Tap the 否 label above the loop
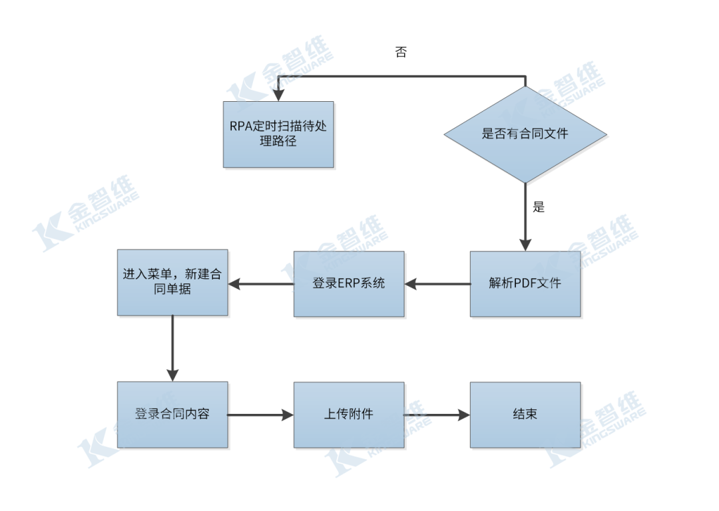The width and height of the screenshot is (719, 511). tap(401, 53)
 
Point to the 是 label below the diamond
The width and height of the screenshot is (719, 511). tap(539, 207)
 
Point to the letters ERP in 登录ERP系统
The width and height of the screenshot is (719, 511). tap(348, 283)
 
